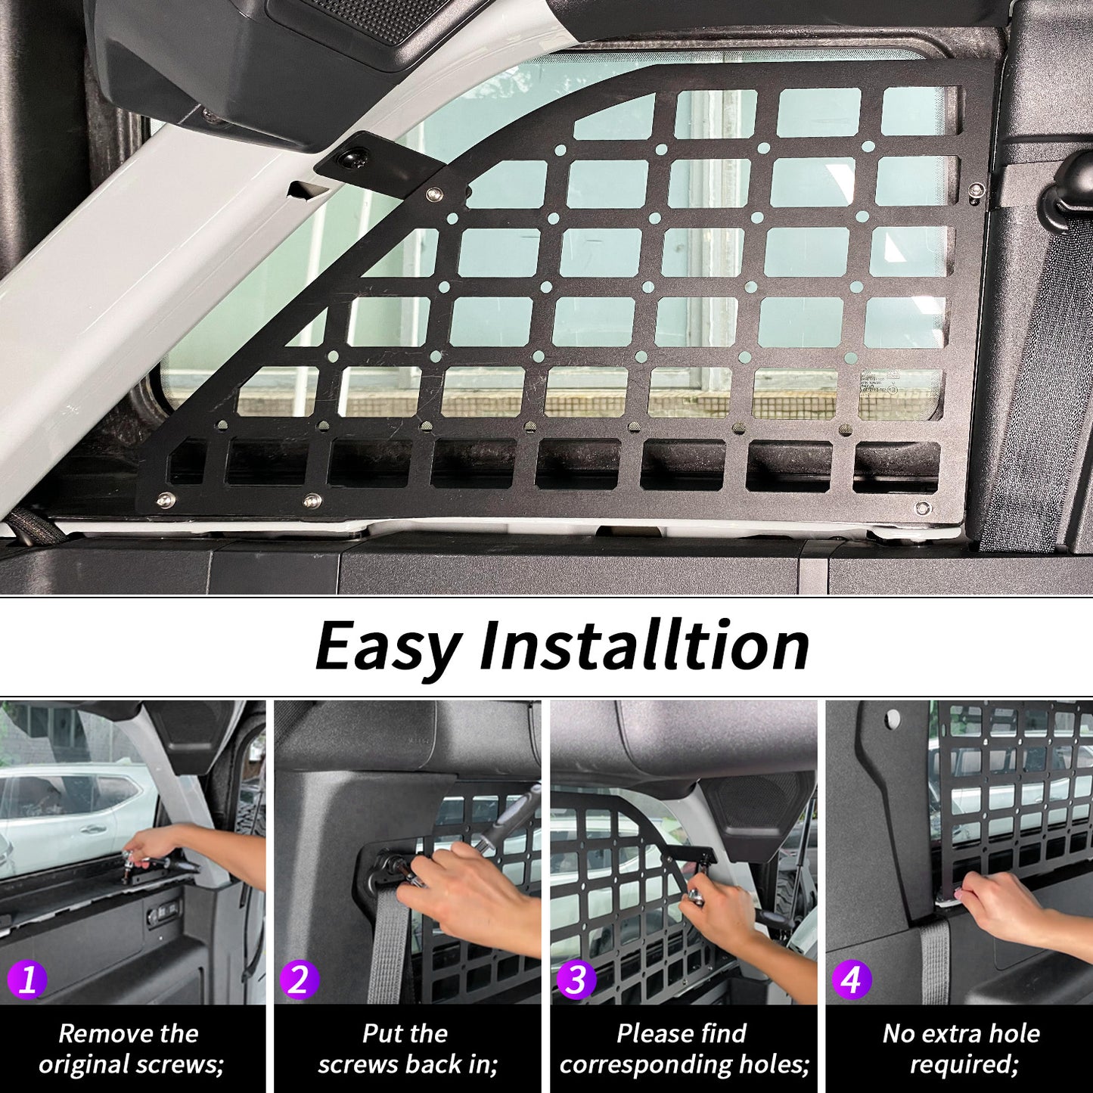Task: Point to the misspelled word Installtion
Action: [x=644, y=645]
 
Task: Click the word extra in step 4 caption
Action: [x=959, y=1033]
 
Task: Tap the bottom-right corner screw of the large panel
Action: [x=923, y=508]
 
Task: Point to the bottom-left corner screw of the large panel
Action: [x=166, y=500]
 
